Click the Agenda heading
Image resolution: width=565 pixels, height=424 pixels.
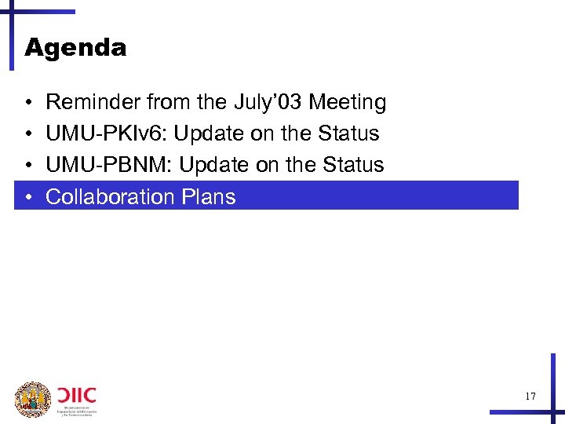(75, 49)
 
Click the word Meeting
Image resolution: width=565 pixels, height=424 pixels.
(348, 102)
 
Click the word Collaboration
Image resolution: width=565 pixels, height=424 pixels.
(110, 196)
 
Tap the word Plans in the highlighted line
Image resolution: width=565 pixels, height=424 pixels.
(208, 196)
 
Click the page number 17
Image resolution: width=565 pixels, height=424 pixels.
(530, 397)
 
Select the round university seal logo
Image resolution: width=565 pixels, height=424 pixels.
(33, 399)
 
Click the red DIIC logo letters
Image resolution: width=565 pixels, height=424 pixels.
(76, 393)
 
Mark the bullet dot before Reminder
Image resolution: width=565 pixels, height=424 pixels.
(27, 103)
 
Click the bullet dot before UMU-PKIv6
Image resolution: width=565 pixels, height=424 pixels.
(27, 134)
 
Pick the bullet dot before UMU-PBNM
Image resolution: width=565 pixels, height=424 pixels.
(27, 166)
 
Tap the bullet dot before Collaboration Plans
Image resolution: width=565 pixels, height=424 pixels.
(27, 197)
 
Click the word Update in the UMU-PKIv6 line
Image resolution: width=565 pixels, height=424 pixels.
(209, 133)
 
